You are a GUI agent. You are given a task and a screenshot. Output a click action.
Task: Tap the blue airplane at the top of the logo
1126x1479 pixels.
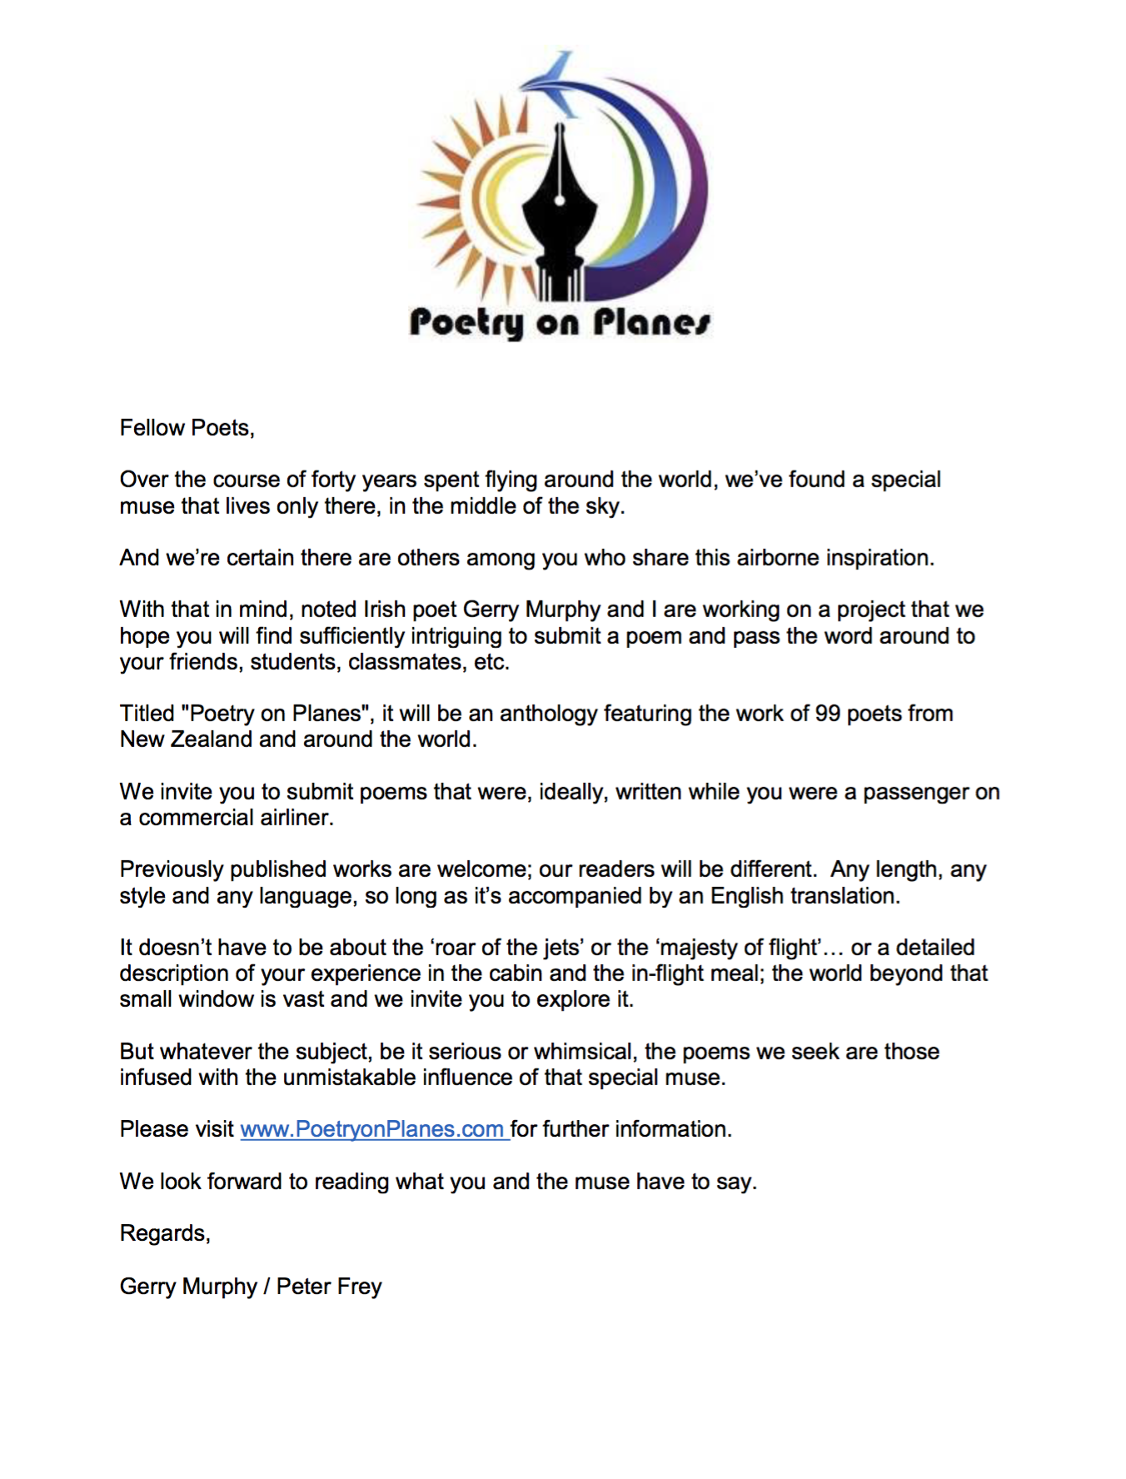click(x=554, y=83)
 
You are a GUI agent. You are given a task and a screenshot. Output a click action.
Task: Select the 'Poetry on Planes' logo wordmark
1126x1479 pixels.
click(x=560, y=322)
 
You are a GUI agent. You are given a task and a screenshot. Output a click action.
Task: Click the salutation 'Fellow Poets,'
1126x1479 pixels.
click(x=187, y=428)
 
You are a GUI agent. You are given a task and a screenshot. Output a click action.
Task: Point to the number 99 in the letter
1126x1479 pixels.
click(x=827, y=714)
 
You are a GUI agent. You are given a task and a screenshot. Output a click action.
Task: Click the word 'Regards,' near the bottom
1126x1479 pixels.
click(x=165, y=1233)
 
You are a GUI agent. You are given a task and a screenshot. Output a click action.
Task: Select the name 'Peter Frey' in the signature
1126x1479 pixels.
click(x=329, y=1287)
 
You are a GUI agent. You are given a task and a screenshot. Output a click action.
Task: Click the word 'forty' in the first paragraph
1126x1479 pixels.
click(x=333, y=480)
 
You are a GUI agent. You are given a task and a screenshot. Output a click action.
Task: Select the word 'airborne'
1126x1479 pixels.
click(x=777, y=558)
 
